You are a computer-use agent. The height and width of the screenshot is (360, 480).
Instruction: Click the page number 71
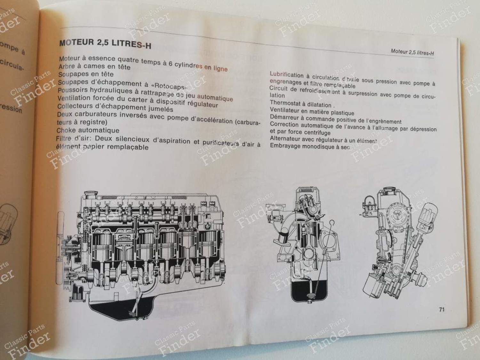click(x=442, y=309)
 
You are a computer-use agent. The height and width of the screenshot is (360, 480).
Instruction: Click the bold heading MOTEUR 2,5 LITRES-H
click(x=105, y=44)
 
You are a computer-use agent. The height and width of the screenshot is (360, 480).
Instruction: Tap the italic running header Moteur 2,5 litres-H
click(x=412, y=52)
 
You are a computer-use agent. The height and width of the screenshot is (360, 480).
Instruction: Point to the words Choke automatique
click(x=88, y=130)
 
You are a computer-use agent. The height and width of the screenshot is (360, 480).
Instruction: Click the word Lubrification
click(x=286, y=75)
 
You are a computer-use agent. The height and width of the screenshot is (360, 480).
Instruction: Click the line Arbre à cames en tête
click(x=94, y=67)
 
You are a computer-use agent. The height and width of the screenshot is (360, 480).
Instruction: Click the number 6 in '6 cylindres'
click(x=171, y=63)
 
